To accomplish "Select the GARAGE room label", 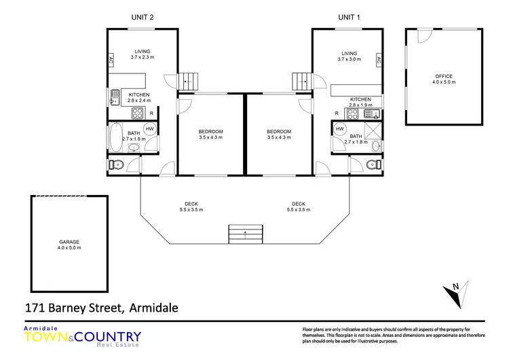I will pyautogui.click(x=69, y=245).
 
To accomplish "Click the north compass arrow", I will pyautogui.click(x=453, y=295).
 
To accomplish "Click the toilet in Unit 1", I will pyautogui.click(x=371, y=164).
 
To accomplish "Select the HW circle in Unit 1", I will pyautogui.click(x=339, y=129).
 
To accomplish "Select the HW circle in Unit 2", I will pyautogui.click(x=149, y=129).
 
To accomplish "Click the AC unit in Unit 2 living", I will pyautogui.click(x=111, y=60).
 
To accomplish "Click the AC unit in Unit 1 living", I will pyautogui.click(x=378, y=60).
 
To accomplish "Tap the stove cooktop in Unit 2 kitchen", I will pyautogui.click(x=136, y=113).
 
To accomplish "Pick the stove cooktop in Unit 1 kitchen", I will pyautogui.click(x=352, y=113).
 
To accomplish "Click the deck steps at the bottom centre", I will pyautogui.click(x=245, y=235).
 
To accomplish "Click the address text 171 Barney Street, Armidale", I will pyautogui.click(x=101, y=308).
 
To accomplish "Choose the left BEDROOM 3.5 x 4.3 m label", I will pyautogui.click(x=210, y=134).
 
